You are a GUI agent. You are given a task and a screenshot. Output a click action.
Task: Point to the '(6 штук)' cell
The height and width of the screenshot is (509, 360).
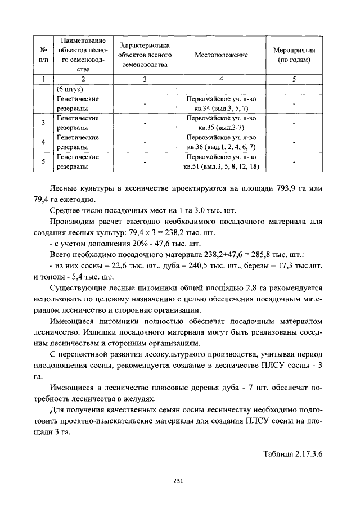pos(70,89)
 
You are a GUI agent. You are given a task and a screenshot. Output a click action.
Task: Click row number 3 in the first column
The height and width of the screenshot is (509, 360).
pos(43,123)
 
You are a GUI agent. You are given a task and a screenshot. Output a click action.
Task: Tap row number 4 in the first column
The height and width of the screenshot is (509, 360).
pos(43,142)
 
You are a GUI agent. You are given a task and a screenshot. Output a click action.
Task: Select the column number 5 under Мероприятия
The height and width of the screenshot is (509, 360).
pos(294,79)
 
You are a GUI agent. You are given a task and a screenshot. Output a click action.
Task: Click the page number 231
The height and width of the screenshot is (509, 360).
pos(179,480)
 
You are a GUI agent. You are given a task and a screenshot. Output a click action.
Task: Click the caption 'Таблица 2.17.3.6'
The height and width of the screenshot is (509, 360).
pos(294,453)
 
